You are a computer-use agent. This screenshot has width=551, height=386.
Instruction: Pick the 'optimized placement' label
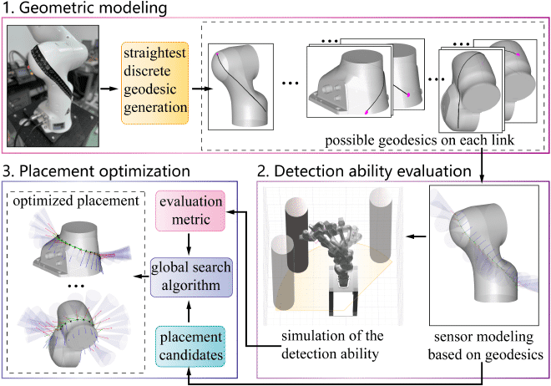pyautogui.click(x=76, y=200)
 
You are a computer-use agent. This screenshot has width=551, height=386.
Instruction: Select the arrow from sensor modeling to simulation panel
pyautogui.click(x=414, y=236)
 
